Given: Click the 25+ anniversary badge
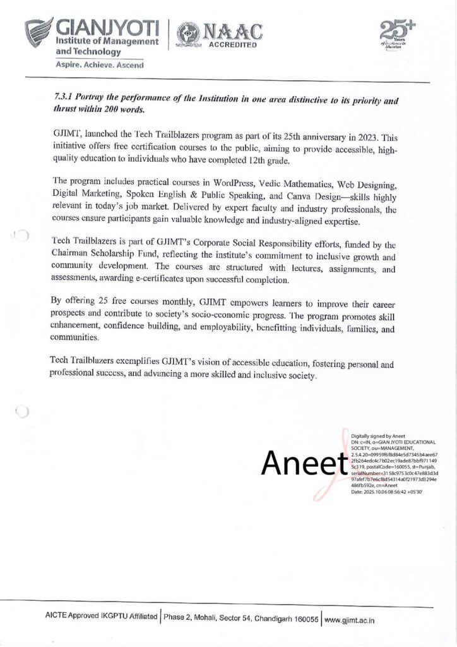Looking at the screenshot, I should (x=391, y=32).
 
